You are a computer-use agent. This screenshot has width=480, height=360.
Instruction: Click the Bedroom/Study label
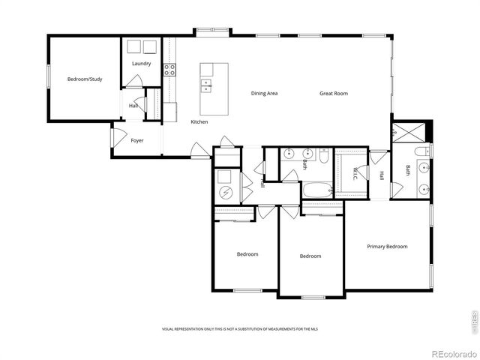pyautogui.click(x=84, y=79)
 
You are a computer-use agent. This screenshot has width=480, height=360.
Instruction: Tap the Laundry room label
pyautogui.click(x=141, y=64)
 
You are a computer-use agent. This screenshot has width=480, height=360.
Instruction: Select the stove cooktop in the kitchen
pyautogui.click(x=170, y=70)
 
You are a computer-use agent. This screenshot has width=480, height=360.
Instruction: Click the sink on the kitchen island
pyautogui.click(x=205, y=85)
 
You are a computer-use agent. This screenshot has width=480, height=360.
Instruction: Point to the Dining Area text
pyautogui.click(x=265, y=93)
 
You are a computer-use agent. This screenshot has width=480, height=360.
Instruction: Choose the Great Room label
pyautogui.click(x=334, y=93)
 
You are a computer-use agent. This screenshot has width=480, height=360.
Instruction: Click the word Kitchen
pyautogui.click(x=199, y=121)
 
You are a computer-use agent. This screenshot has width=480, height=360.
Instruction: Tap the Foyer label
pyautogui.click(x=137, y=140)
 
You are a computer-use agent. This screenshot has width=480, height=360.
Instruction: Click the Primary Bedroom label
pyautogui.click(x=387, y=246)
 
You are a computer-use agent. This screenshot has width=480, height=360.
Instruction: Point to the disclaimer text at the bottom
pyautogui.click(x=239, y=329)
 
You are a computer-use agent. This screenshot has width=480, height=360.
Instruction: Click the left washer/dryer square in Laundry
pyautogui.click(x=133, y=47)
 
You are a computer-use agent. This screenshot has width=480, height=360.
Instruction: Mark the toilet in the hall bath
pyautogui.click(x=324, y=157)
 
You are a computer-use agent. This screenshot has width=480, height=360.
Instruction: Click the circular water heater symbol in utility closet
pyautogui.click(x=225, y=193)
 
